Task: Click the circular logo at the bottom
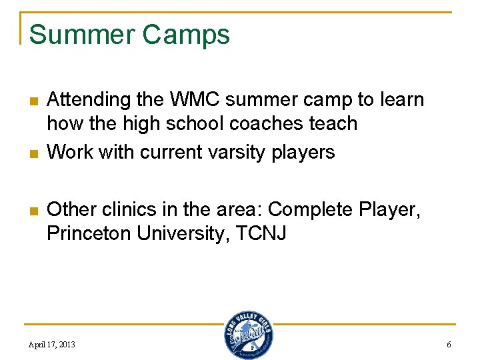pos(248,335)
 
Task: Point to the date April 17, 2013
pos(52,345)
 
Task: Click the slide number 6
pos(449,345)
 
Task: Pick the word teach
pos(335,124)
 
